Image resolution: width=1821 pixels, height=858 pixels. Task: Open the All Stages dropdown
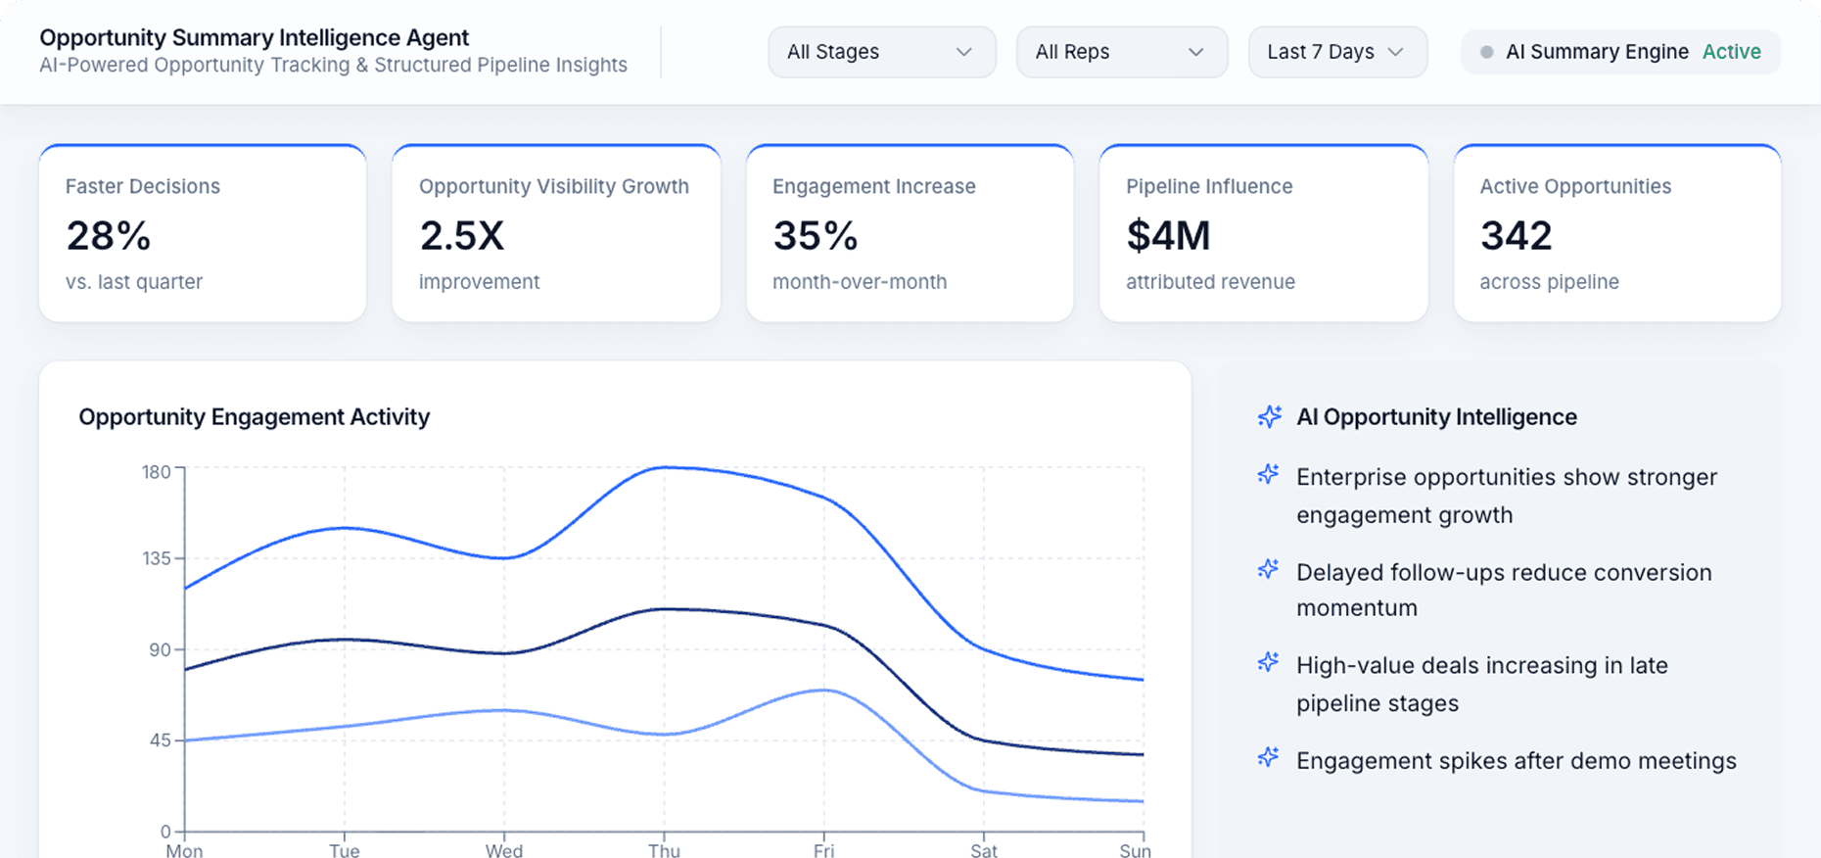click(881, 52)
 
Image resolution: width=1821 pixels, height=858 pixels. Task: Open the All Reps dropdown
click(1121, 52)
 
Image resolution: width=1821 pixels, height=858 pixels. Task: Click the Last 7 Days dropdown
click(1337, 52)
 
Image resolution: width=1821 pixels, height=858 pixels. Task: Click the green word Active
click(1731, 52)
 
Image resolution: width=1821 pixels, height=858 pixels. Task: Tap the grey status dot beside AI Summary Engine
click(1486, 52)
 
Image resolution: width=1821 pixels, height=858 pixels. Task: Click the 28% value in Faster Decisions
click(109, 236)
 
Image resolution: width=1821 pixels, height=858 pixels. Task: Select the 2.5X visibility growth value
click(462, 236)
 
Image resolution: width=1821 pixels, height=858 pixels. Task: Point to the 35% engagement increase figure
click(816, 236)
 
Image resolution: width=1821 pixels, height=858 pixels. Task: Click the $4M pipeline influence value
click(1168, 236)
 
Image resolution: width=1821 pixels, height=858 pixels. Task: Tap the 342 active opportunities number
click(1516, 236)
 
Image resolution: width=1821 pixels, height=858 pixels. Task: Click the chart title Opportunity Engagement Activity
click(255, 417)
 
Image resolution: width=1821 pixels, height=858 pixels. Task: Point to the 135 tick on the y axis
click(157, 558)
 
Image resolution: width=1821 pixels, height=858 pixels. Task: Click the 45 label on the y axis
click(161, 740)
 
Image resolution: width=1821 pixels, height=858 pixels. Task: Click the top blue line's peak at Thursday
click(666, 467)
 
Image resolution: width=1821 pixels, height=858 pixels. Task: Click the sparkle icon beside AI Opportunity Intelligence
click(1270, 417)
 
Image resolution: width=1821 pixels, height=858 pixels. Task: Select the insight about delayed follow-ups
click(1503, 590)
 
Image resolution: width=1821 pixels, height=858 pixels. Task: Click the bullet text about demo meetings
click(1516, 761)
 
